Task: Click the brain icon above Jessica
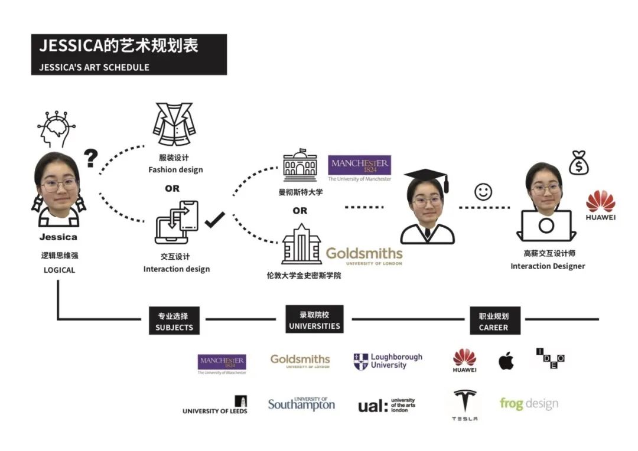point(56,129)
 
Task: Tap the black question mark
point(91,158)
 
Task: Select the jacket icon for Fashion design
point(174,124)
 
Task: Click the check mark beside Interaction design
point(214,220)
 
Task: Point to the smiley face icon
point(483,192)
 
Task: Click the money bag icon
point(578,163)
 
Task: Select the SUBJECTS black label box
point(174,321)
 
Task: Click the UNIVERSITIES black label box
point(314,319)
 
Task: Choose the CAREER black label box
point(495,321)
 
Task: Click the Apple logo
point(506,361)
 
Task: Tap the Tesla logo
point(465,405)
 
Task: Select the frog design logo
point(529,404)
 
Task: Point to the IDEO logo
point(551,358)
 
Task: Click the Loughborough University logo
point(388,361)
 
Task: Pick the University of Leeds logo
point(215,405)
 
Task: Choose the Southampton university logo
point(301,404)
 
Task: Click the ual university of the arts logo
point(386,406)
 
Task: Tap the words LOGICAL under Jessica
point(60,270)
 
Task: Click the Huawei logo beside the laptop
point(601,205)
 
